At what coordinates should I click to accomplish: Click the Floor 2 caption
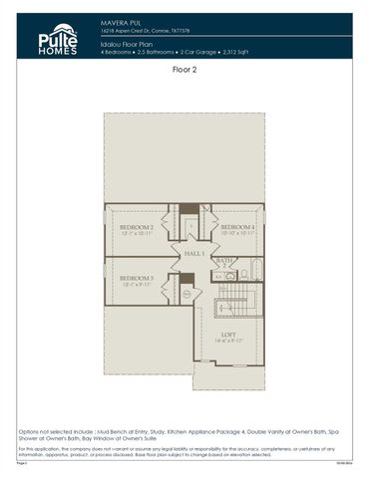click(x=185, y=72)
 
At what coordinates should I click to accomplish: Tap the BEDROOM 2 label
click(x=137, y=228)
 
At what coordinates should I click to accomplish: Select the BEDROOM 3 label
click(x=137, y=278)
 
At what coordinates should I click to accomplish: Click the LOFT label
click(x=229, y=335)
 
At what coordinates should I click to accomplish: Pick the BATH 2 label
click(x=225, y=260)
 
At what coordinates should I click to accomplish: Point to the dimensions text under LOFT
click(x=229, y=342)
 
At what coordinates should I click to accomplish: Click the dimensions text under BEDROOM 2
click(x=137, y=234)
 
